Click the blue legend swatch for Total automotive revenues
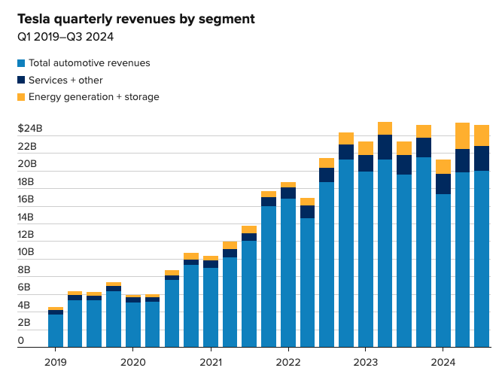pos(21,63)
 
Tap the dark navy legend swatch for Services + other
pos(21,80)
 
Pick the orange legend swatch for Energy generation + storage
pos(21,96)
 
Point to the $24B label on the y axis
pos(30,129)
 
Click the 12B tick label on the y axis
pos(26,235)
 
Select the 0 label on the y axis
pos(21,341)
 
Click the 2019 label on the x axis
pos(55,362)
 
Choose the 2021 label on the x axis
pos(210,362)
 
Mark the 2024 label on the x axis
pos(443,362)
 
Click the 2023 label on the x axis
pos(365,362)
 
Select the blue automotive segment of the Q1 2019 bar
pos(55,331)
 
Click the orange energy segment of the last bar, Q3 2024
pos(482,135)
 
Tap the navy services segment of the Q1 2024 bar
pos(443,184)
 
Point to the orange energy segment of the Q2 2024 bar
pos(462,136)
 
